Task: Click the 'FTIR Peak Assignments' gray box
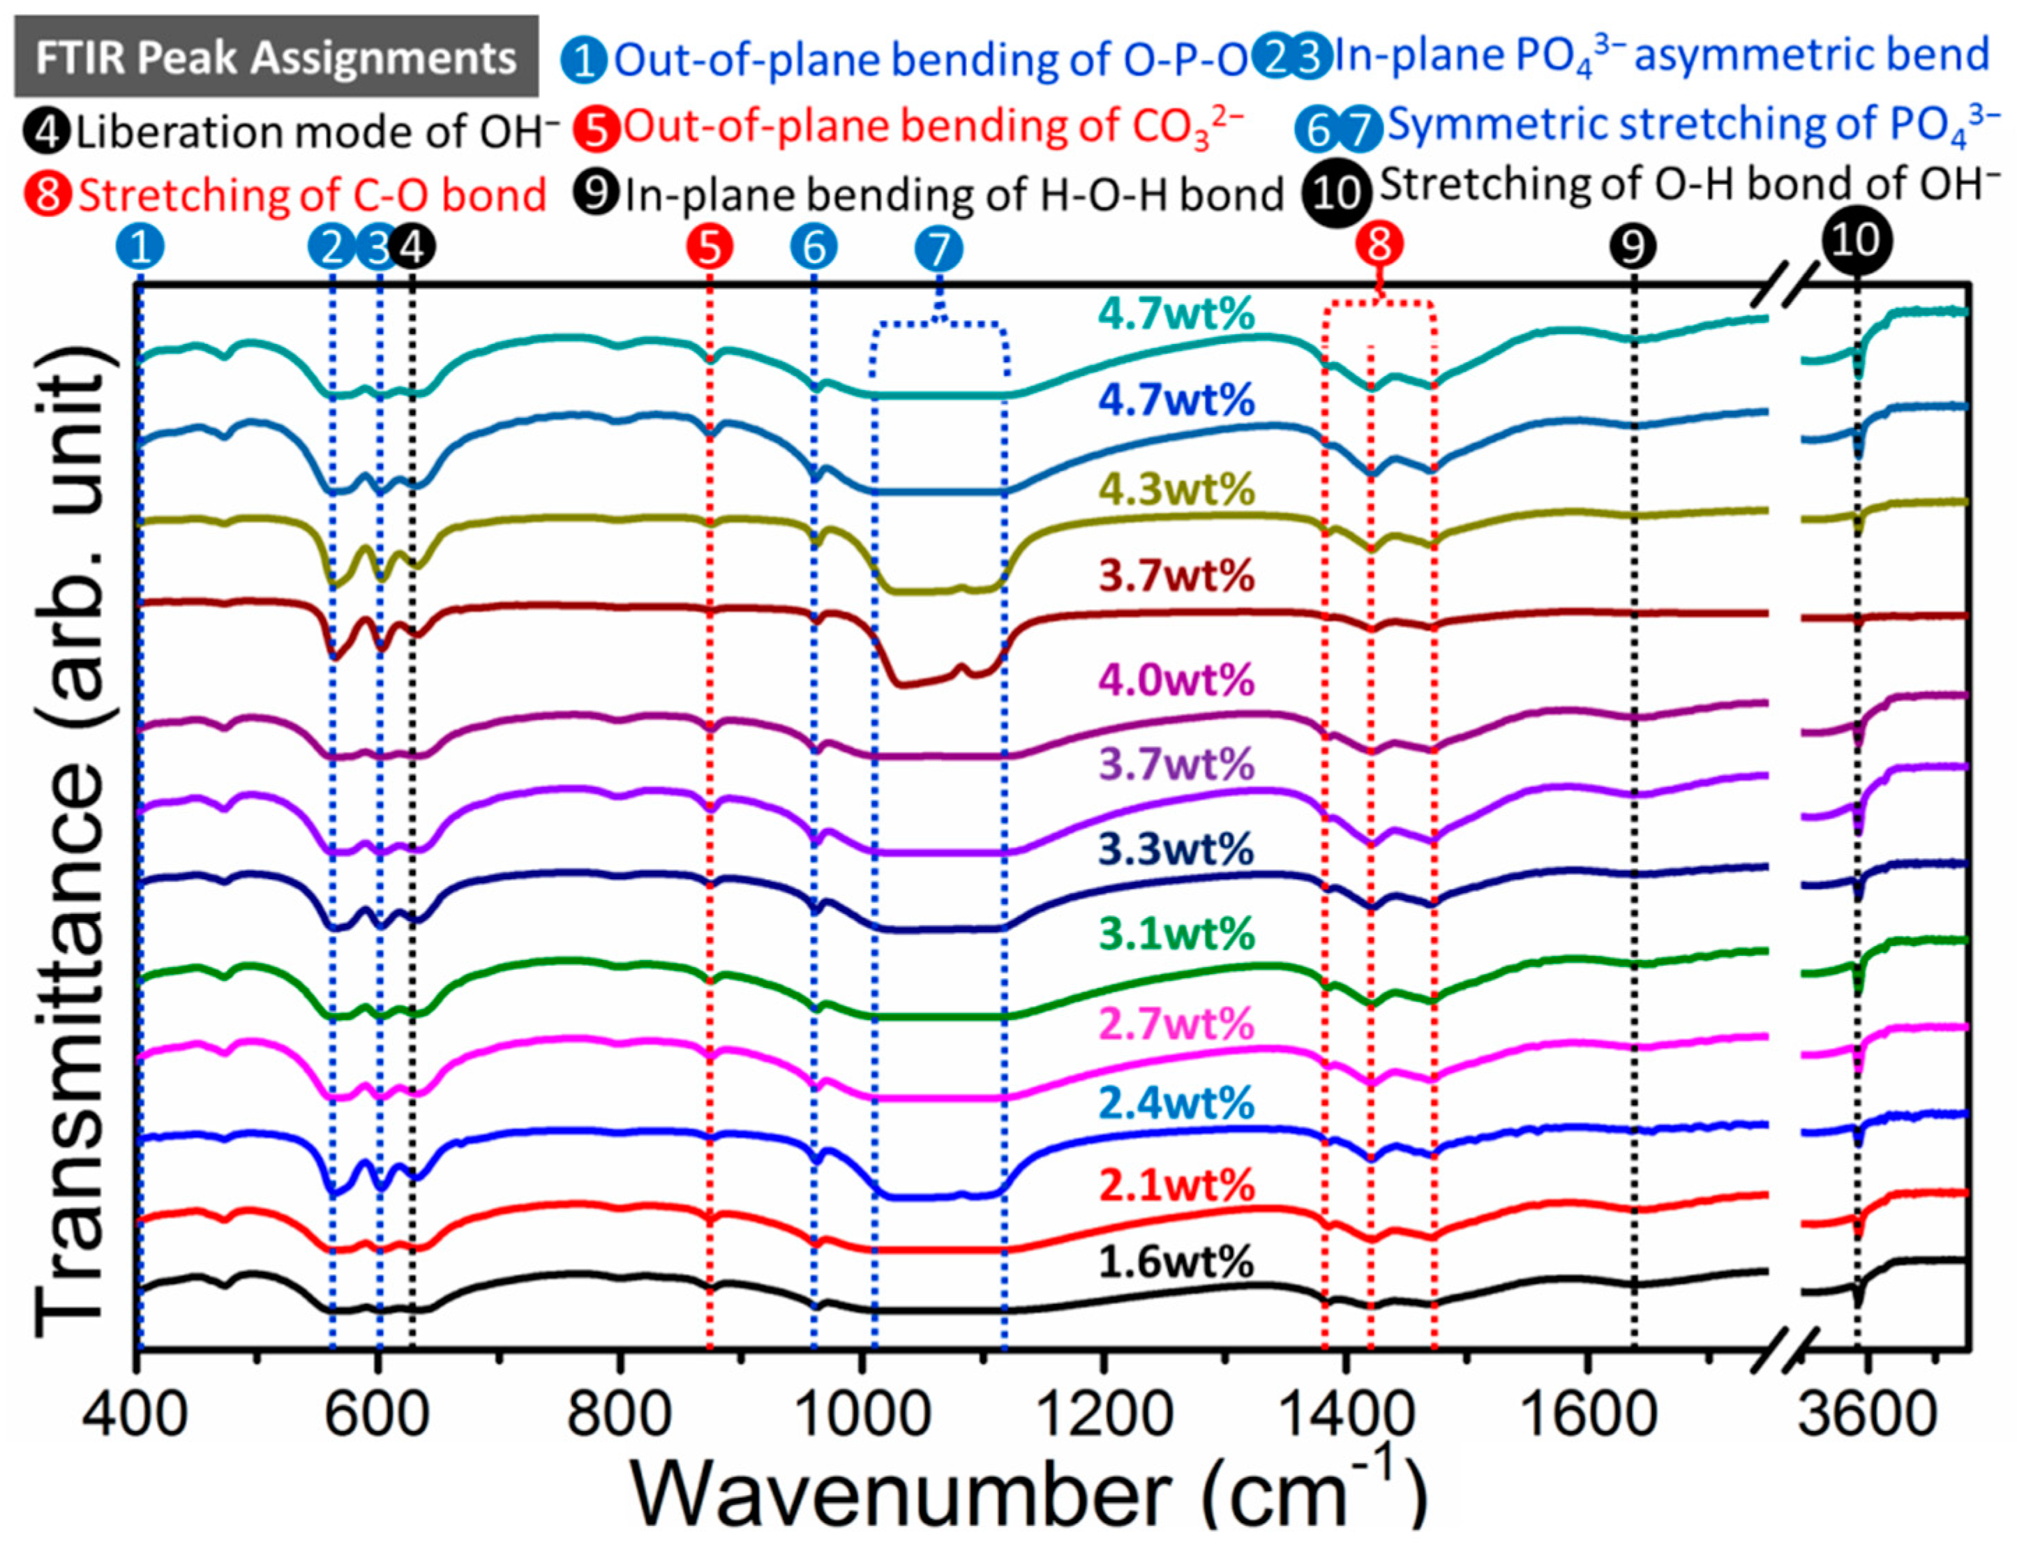click(276, 57)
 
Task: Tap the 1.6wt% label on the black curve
click(1176, 1263)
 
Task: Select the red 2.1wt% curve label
click(1176, 1185)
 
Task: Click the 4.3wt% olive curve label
click(1176, 489)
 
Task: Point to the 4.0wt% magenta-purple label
click(1176, 681)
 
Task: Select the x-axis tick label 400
click(135, 1416)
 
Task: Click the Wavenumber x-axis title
click(1029, 1494)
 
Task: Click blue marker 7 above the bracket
click(938, 248)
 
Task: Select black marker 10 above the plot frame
click(1858, 241)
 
